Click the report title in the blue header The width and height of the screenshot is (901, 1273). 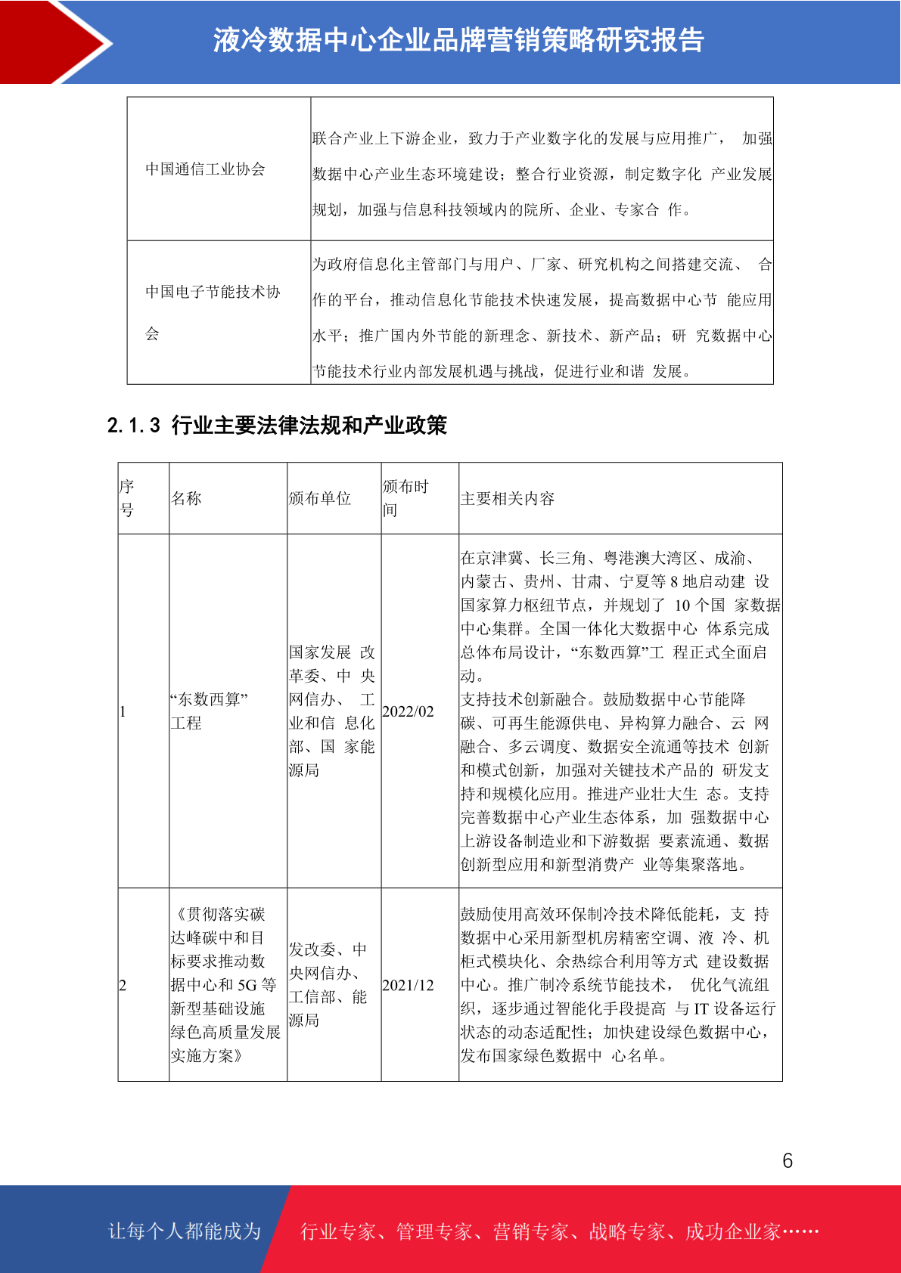458,40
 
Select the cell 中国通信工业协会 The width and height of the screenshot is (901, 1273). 205,169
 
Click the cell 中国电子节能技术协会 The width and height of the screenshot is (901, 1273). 213,312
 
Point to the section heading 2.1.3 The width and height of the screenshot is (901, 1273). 277,426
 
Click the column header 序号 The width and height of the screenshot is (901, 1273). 127,498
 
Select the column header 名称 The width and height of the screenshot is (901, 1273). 186,498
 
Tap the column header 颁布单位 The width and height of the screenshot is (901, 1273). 320,498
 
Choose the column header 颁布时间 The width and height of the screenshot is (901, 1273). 405,498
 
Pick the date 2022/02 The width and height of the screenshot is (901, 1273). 409,711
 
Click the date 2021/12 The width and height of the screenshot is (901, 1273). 409,985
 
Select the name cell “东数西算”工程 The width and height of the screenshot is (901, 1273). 210,711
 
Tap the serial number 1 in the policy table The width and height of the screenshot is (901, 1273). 123,711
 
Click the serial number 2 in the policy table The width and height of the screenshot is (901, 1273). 123,985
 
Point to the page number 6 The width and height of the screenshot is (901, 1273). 788,1160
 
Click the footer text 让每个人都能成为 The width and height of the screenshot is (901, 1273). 185,1231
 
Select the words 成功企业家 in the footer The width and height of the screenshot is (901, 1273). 732,1231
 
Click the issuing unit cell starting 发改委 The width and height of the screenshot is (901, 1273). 328,984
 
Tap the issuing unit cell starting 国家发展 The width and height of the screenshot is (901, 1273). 331,711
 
